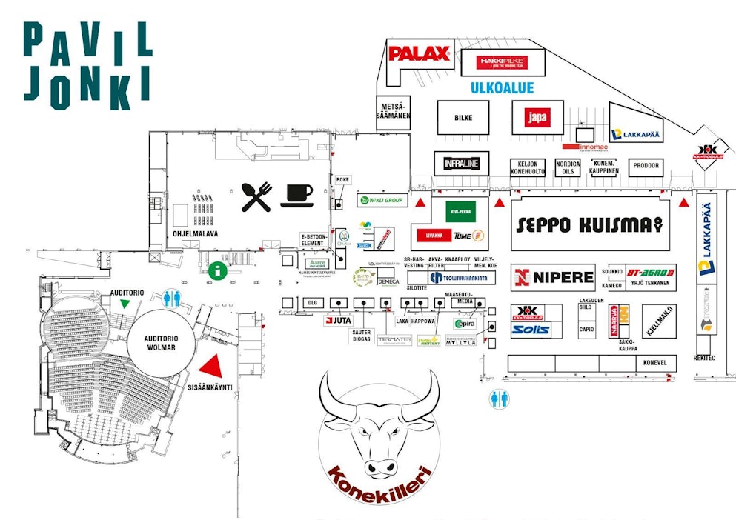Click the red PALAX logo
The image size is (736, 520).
(x=420, y=53)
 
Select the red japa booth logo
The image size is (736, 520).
(x=537, y=117)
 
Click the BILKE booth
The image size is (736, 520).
(x=463, y=118)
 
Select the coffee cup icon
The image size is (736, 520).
(x=296, y=194)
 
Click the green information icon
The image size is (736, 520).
(x=216, y=270)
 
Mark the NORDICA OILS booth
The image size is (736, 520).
(x=568, y=168)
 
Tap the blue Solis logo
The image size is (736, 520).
(x=530, y=329)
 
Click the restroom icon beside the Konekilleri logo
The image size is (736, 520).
(x=500, y=399)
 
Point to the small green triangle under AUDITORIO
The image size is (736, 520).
(x=125, y=304)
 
